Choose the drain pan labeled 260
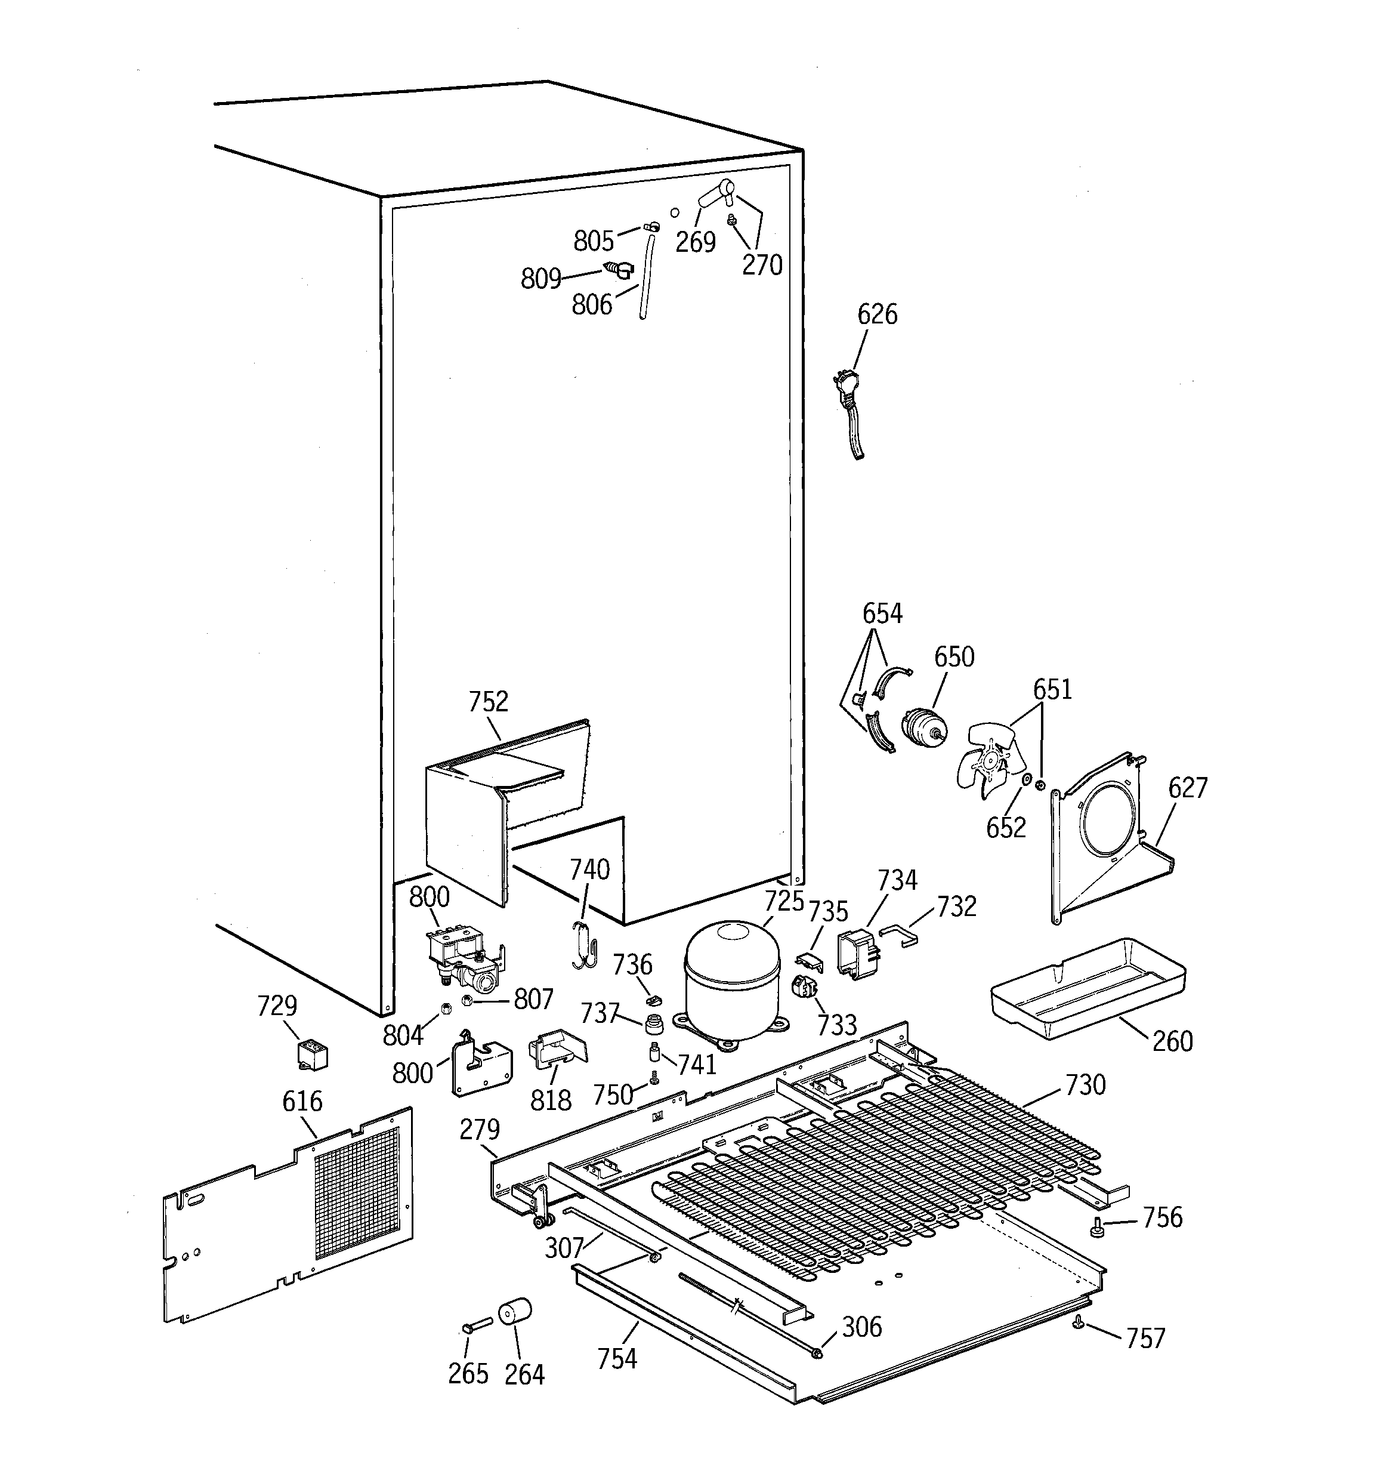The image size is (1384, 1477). pos(1088,988)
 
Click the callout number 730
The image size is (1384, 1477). pos(1085,1086)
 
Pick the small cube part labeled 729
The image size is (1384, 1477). pos(312,1055)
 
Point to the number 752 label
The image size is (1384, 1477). pos(488,701)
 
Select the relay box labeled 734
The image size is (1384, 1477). pos(858,953)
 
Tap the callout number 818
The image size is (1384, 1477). pos(551,1100)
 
